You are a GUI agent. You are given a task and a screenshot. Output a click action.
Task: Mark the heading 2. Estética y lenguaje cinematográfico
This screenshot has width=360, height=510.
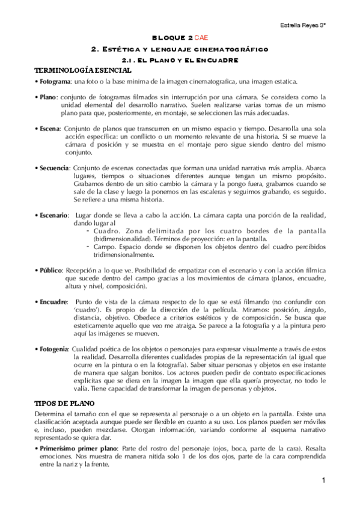[x=179, y=49]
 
